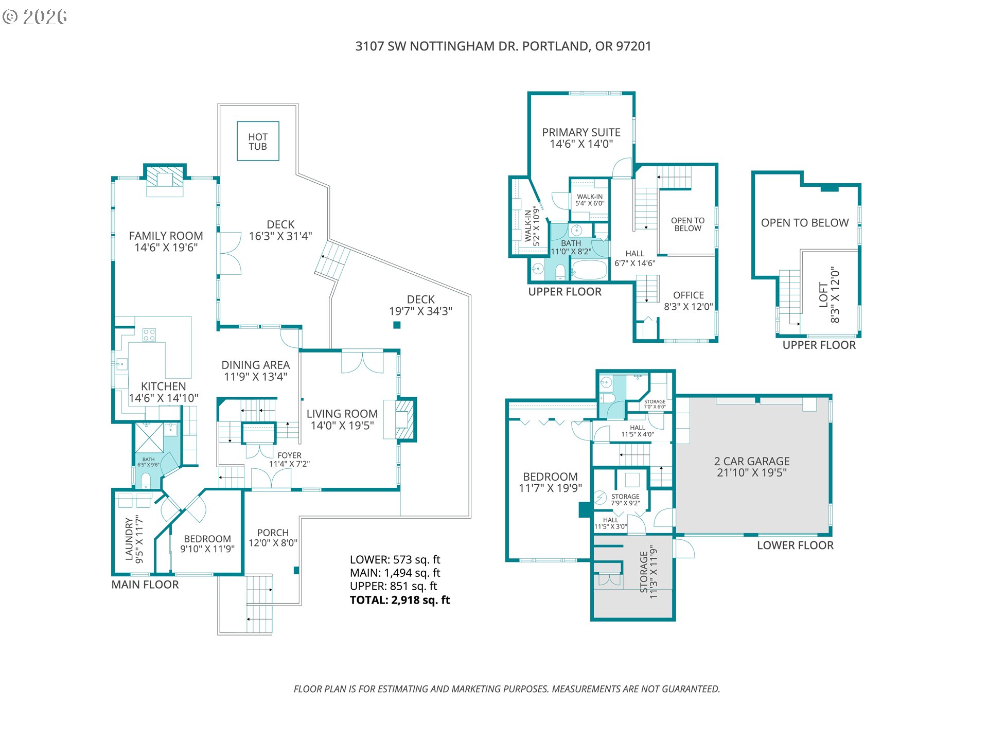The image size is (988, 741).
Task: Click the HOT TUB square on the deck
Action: point(258,141)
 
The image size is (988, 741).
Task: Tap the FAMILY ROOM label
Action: point(166,236)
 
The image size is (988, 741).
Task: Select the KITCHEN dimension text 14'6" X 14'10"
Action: point(164,398)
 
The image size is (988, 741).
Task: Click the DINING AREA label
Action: point(256,365)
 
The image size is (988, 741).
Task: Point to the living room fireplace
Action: point(405,419)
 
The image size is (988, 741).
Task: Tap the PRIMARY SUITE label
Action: point(581,132)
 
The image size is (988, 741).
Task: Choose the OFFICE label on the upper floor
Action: point(689,295)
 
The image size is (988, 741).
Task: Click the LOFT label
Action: point(823,295)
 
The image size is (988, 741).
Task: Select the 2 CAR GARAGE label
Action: point(752,461)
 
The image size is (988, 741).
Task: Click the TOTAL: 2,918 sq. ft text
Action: point(400,600)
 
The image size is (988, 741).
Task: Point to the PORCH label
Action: point(273,533)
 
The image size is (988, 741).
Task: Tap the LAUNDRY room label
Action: point(129,539)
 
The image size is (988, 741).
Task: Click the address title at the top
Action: point(503,46)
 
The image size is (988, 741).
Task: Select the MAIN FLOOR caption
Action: point(145,585)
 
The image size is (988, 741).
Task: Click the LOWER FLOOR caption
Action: point(795,545)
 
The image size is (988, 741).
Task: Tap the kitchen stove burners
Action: point(149,335)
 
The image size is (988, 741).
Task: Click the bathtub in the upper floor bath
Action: point(590,270)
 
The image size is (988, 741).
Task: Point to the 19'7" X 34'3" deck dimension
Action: point(420,311)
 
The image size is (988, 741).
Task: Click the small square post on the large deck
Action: point(397,325)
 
